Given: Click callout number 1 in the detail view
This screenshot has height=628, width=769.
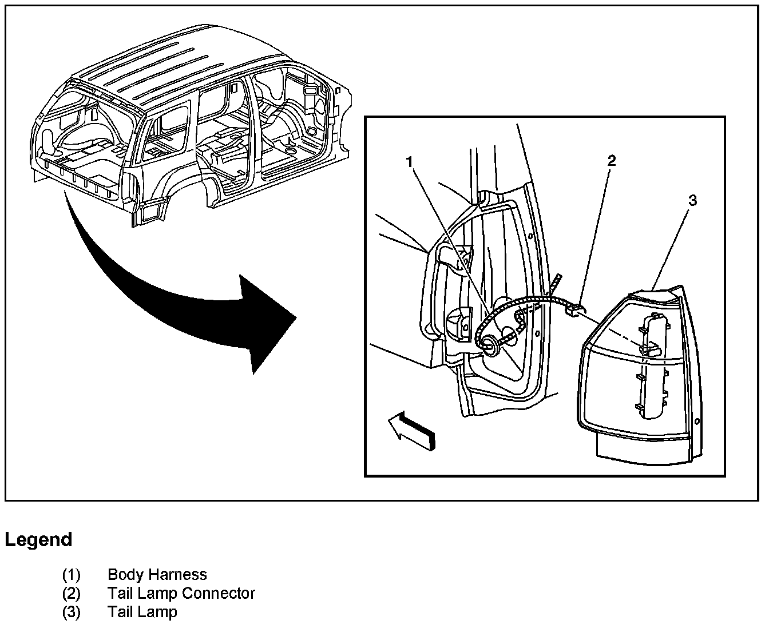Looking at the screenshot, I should [409, 162].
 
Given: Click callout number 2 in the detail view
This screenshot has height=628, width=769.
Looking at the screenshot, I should [612, 161].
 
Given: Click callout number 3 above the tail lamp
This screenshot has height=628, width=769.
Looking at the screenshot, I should [692, 200].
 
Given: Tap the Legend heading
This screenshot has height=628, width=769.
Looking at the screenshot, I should [39, 539].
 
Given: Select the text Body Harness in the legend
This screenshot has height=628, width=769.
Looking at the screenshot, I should [157, 574].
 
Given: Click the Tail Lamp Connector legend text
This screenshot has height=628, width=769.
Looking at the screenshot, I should [181, 593].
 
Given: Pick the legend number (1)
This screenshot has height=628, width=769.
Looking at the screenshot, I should [72, 574].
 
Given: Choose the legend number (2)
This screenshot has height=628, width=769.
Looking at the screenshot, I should [72, 593].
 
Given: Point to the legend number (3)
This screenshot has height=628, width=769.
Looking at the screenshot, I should [72, 612].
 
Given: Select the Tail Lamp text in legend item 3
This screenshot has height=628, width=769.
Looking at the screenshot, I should [142, 612].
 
